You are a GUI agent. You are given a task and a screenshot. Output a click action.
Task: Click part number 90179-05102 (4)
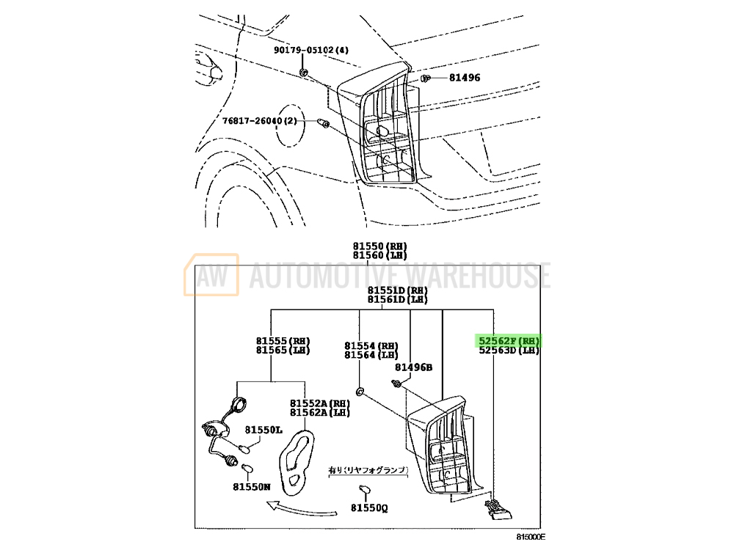point(312,51)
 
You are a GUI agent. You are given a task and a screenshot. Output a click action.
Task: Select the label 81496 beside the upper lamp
point(465,77)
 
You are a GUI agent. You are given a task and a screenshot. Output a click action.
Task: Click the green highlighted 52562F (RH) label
point(509,341)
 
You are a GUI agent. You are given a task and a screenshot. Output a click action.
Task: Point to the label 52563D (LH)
point(509,351)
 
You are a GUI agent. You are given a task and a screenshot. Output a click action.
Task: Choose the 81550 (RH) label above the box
point(379,246)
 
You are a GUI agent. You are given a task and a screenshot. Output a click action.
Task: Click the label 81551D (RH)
point(397,290)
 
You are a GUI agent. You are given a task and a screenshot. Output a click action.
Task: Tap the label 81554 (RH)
point(371,345)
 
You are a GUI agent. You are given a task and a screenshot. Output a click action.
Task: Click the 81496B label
point(414,367)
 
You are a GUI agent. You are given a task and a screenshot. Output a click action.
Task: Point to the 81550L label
point(264,430)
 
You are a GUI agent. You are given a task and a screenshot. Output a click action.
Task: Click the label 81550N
point(252,486)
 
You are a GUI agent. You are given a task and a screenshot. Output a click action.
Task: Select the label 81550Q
point(368,506)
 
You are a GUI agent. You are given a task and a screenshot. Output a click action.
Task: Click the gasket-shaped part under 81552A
point(297,458)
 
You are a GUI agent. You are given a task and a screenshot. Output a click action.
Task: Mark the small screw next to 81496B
point(397,383)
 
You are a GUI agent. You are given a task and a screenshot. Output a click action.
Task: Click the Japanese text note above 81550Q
point(367,469)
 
